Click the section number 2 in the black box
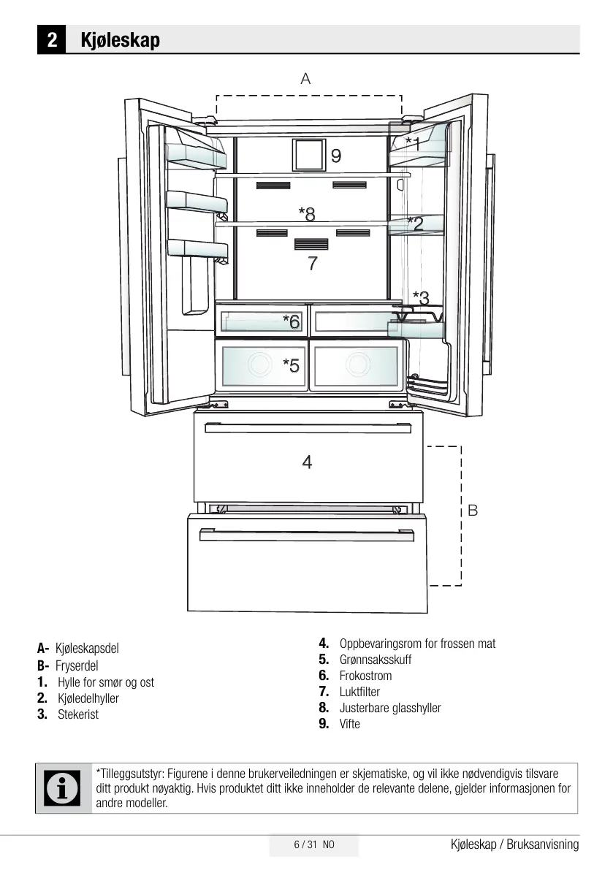pos(52,39)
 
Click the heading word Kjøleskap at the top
pos(121,39)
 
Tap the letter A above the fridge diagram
pos(305,79)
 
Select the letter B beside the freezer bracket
pos(473,510)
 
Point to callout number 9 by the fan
pos(335,156)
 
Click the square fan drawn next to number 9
pos(308,155)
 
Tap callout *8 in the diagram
pos(307,213)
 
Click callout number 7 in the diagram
pos(313,264)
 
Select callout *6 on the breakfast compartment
pos(292,321)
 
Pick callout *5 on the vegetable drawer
pos(292,366)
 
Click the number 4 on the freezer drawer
pos(307,462)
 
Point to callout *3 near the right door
pos(421,297)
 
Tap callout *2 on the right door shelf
pos(414,224)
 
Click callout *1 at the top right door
pos(413,143)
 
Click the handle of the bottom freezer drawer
pos(306,535)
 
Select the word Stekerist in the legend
pos(78,714)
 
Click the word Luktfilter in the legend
pos(359,692)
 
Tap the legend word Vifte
pos(350,724)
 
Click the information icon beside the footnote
pos(63,788)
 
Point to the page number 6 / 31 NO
pos(313,845)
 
